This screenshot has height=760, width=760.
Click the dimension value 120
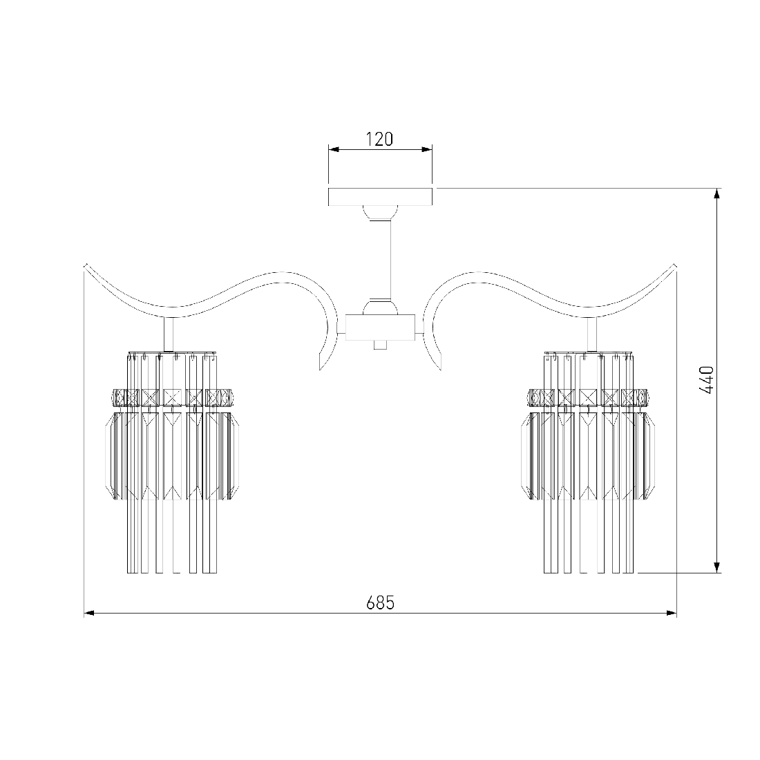pyautogui.click(x=379, y=139)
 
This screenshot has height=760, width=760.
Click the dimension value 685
pyautogui.click(x=380, y=602)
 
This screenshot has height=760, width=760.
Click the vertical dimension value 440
pyautogui.click(x=707, y=381)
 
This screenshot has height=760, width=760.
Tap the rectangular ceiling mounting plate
pyautogui.click(x=381, y=196)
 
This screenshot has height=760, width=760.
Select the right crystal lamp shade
pyautogui.click(x=589, y=462)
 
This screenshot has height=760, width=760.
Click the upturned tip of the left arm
pyautogui.click(x=86, y=265)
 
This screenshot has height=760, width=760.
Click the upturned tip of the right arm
pyautogui.click(x=675, y=265)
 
